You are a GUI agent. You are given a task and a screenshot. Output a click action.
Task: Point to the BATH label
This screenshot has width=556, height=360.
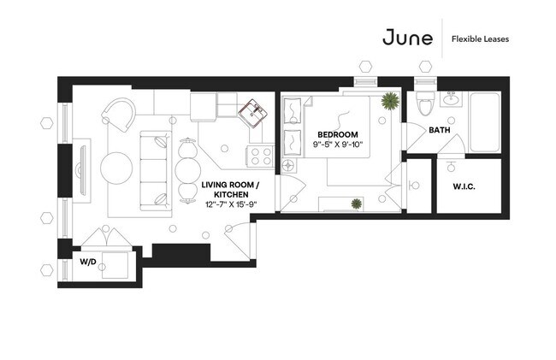pyautogui.click(x=439, y=130)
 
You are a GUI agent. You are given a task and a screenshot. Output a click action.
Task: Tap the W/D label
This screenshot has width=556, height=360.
pyautogui.click(x=88, y=261)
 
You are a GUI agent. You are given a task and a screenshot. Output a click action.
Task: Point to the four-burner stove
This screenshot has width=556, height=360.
pyautogui.click(x=259, y=156)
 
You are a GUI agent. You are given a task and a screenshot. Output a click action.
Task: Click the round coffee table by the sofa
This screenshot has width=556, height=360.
pyautogui.click(x=116, y=166)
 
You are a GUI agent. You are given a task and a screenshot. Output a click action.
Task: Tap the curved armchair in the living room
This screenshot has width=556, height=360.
pyautogui.click(x=119, y=114)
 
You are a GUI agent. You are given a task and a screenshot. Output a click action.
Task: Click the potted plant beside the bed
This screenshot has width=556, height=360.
pyautogui.click(x=389, y=101)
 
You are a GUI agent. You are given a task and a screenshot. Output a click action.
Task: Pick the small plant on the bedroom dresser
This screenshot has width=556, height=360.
pyautogui.click(x=355, y=203)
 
